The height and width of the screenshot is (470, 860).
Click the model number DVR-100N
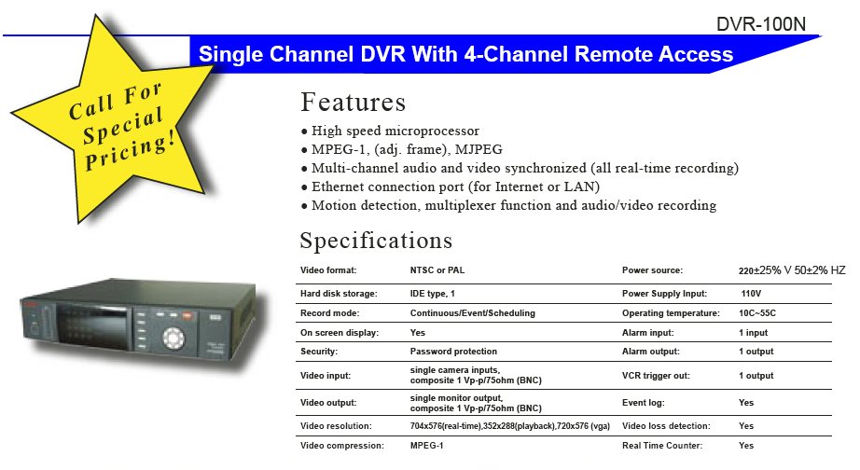click(x=761, y=24)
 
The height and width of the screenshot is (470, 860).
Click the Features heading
click(x=354, y=102)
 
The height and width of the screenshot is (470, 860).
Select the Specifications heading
click(x=376, y=241)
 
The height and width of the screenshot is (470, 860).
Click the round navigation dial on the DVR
click(x=173, y=338)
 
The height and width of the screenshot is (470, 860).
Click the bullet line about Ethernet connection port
click(x=451, y=187)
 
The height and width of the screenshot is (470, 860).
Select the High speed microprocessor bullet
click(x=390, y=131)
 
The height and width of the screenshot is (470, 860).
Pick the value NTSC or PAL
click(x=437, y=270)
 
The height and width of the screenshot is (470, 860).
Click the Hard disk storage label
click(x=339, y=294)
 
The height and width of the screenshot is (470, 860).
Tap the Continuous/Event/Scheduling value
click(x=473, y=313)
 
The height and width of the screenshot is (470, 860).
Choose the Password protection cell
click(x=453, y=352)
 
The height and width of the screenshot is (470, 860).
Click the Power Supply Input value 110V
click(x=751, y=294)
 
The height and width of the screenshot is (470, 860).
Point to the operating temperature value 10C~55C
click(x=757, y=313)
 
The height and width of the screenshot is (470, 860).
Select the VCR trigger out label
click(x=656, y=376)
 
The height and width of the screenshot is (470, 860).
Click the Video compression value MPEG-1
click(x=426, y=446)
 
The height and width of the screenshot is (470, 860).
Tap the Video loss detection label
click(x=666, y=426)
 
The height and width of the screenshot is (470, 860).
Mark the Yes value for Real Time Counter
click(x=746, y=446)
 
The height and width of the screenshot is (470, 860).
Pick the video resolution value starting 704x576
click(x=510, y=426)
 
